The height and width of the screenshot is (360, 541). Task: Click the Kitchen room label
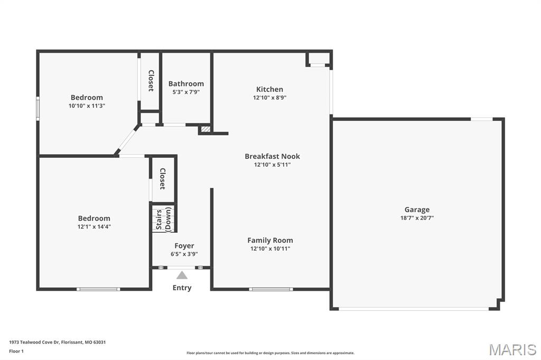coord(269,89)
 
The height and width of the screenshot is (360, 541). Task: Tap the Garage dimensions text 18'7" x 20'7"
coord(417,218)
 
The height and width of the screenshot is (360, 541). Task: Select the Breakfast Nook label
coord(272,156)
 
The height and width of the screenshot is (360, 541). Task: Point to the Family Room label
coord(270,240)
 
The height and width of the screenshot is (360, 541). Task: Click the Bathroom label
coord(186,83)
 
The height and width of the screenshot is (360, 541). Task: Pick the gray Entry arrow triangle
coord(182,275)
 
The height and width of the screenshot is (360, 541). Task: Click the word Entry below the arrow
coord(182,288)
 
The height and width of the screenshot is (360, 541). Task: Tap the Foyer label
coord(184,245)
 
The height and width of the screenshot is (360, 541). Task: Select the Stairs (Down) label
coord(163,219)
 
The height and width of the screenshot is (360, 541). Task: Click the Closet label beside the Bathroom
coord(151,81)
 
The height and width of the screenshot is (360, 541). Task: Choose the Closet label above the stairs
coord(163,179)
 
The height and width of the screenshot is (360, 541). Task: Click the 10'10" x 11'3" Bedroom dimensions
coord(87,106)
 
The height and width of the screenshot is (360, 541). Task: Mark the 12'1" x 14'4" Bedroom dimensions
coord(94,226)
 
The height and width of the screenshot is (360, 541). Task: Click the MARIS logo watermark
coord(512,349)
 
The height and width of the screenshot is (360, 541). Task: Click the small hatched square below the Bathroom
coord(206,128)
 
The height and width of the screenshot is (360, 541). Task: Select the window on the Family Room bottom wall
coord(270,289)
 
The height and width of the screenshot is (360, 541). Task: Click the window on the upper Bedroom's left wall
coord(38,108)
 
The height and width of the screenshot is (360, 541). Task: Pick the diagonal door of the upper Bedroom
coord(127,140)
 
